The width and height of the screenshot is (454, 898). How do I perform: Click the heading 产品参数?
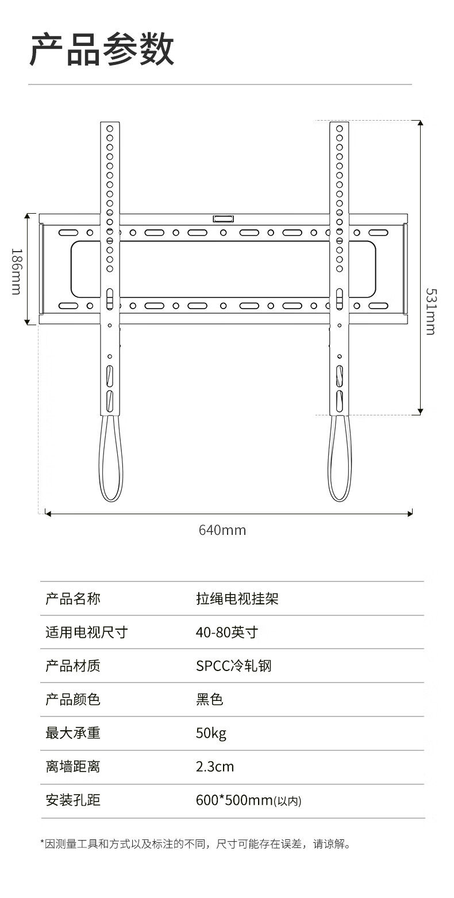[102, 50]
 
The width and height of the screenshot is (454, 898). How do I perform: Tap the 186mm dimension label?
[16, 271]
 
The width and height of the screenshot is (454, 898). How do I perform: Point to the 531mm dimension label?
[430, 311]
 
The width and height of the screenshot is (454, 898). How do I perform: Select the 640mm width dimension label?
[222, 530]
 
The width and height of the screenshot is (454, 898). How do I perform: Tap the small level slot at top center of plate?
[224, 218]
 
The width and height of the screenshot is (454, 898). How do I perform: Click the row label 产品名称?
[73, 599]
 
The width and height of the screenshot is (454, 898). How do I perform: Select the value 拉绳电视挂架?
[237, 599]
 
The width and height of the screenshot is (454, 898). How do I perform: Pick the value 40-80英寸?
[226, 633]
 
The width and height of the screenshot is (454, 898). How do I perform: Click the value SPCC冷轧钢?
[233, 666]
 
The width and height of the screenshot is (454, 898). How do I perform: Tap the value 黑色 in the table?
[209, 699]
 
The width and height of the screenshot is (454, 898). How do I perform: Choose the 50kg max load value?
[211, 733]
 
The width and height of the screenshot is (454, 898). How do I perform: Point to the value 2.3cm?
[215, 766]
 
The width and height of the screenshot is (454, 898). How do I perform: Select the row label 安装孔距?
[73, 800]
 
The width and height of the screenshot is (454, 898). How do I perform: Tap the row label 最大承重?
[73, 733]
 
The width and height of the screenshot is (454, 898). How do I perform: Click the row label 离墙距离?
[73, 766]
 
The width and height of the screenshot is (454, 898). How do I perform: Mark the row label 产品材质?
[73, 666]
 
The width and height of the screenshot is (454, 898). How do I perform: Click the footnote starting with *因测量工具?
[195, 844]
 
